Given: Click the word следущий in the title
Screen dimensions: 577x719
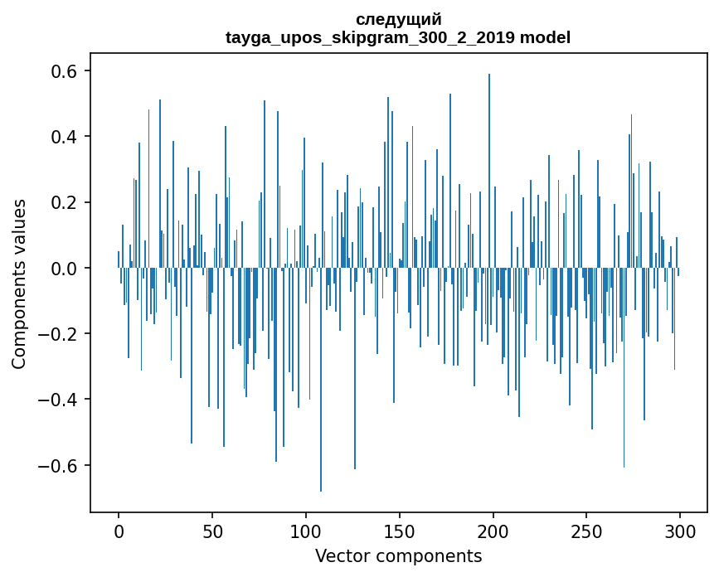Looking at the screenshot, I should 398,19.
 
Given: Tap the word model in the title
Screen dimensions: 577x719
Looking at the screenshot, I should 545,37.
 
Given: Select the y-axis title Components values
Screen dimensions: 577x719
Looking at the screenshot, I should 19,284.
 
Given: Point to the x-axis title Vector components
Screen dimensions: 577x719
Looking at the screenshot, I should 398,555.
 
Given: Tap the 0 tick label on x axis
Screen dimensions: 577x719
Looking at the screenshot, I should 119,530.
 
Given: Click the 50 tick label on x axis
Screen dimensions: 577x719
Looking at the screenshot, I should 212,530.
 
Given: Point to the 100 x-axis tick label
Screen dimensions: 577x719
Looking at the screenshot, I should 306,530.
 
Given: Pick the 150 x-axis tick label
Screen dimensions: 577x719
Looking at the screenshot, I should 400,530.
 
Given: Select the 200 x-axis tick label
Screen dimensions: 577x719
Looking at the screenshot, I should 493,530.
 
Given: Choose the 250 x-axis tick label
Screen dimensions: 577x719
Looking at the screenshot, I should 587,530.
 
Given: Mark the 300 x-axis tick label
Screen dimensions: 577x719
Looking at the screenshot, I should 681,530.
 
